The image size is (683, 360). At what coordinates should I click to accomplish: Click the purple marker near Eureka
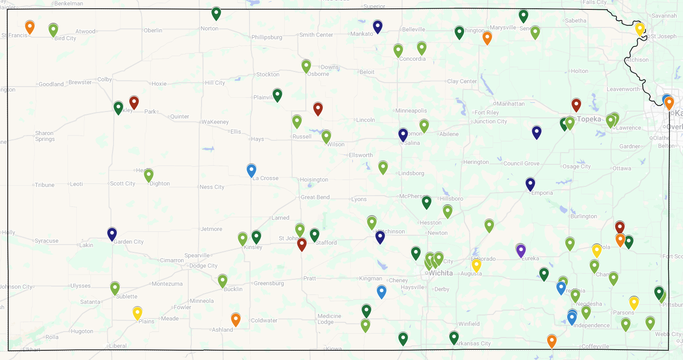tap(521, 250)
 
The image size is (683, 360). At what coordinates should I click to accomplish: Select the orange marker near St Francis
tap(30, 27)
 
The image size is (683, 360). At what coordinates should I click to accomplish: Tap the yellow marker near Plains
tap(137, 313)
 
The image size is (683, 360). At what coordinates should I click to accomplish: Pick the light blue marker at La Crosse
tap(251, 170)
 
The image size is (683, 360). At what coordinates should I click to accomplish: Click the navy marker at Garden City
tap(112, 234)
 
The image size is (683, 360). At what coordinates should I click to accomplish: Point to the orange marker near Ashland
tap(236, 319)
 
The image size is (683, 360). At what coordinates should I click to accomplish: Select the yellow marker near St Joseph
tap(640, 28)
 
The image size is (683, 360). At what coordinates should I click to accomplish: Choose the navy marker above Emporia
tap(530, 184)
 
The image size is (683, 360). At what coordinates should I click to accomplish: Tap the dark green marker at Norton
tap(216, 13)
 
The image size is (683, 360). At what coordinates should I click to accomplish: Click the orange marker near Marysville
tap(487, 37)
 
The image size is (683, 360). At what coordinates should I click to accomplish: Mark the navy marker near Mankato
tap(378, 26)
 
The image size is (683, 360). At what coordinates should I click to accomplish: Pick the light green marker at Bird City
tap(53, 30)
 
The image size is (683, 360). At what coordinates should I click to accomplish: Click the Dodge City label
tap(204, 266)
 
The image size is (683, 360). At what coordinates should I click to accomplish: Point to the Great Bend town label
tap(316, 198)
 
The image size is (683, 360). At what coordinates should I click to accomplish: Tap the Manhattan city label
tap(511, 104)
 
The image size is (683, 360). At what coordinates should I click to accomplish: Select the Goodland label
tap(51, 84)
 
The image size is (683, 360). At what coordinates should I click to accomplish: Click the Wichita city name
tap(441, 273)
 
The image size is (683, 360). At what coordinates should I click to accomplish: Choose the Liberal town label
tap(118, 346)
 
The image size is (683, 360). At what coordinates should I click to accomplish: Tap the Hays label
tap(257, 139)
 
